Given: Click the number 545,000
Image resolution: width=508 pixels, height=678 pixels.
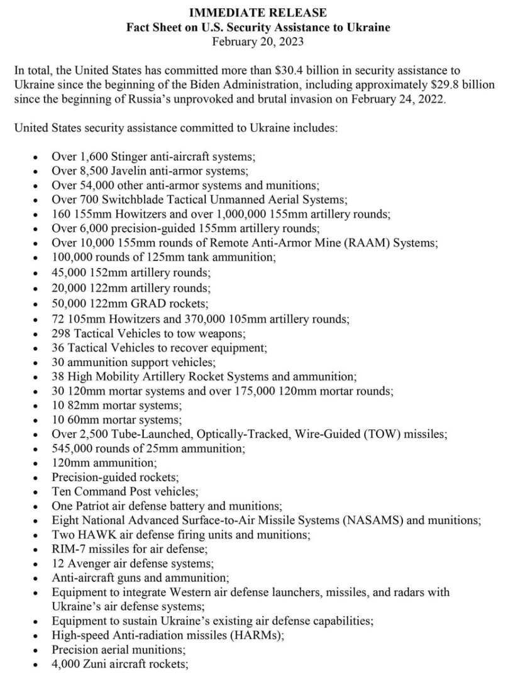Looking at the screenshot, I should (70, 449).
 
